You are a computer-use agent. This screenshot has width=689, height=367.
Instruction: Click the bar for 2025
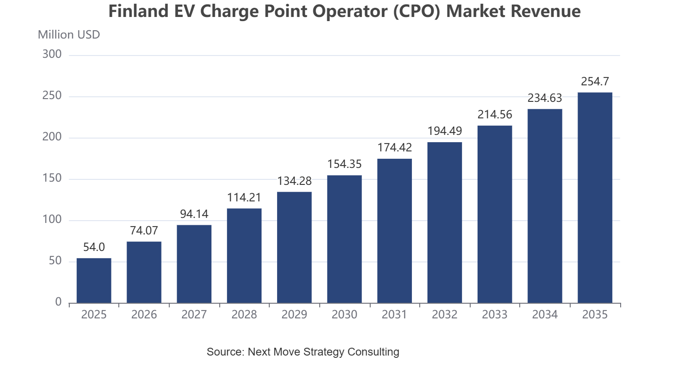[94, 280]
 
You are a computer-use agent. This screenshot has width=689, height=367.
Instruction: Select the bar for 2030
[344, 239]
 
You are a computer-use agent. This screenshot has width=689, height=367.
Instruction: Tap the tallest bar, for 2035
[595, 198]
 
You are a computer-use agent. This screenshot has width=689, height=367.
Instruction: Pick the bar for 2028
[244, 256]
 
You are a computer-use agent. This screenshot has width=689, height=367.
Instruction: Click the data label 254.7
[595, 82]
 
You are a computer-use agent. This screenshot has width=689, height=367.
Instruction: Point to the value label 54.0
[94, 247]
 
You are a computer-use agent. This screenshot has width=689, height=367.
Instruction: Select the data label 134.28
[294, 181]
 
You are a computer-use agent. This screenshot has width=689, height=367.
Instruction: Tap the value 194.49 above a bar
[445, 131]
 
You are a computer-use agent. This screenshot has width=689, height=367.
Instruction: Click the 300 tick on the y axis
[52, 54]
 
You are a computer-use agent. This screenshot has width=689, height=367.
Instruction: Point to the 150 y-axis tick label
[52, 178]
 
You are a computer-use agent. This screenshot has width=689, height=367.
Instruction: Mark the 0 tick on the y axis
[58, 302]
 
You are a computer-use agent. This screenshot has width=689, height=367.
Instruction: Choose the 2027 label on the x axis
[194, 315]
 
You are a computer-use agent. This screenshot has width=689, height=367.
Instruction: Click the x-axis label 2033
[495, 315]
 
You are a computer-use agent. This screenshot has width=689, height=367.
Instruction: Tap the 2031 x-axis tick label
[395, 315]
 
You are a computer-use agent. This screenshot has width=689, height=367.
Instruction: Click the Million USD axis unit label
[69, 35]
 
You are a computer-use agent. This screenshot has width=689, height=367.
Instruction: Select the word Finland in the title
[139, 11]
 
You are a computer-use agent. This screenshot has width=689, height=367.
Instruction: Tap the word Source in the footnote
[226, 351]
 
